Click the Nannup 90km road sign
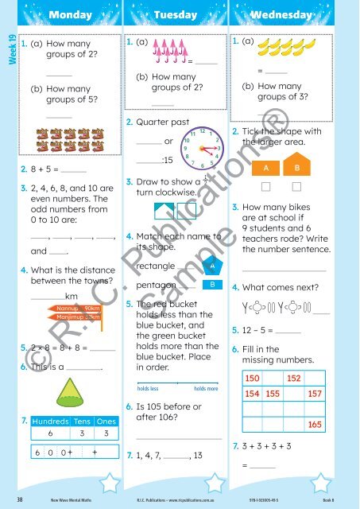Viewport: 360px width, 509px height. [x=77, y=307]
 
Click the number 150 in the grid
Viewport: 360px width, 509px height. [x=254, y=378]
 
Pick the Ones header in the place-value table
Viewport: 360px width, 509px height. [x=106, y=421]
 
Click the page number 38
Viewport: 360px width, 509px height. [x=17, y=499]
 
